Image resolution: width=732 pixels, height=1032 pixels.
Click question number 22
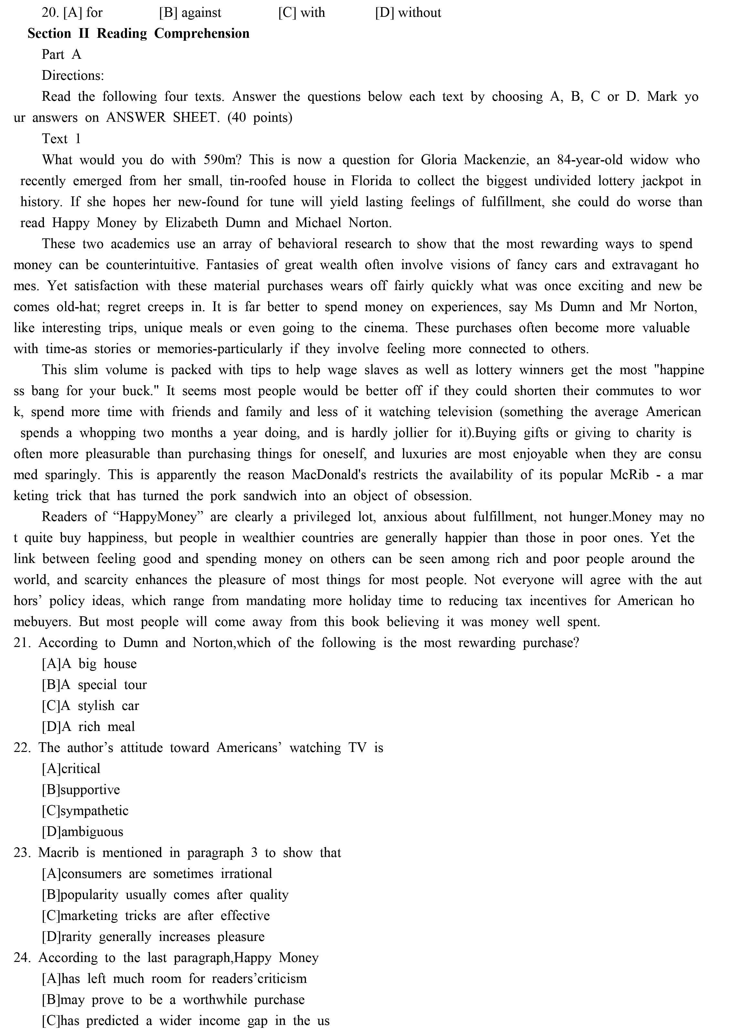tap(22, 748)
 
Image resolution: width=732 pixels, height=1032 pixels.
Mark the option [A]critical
tap(71, 769)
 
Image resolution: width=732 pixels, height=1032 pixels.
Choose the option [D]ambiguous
tap(82, 831)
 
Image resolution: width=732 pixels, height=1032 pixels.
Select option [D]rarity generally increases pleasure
tap(153, 936)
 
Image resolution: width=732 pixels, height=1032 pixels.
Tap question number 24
tap(22, 958)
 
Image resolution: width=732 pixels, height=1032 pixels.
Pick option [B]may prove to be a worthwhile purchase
tap(173, 1000)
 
